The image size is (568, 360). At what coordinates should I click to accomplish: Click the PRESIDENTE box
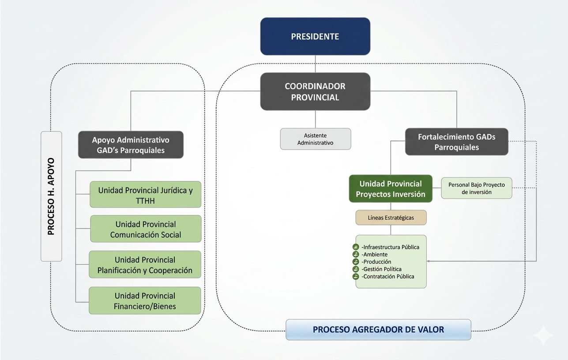pyautogui.click(x=315, y=36)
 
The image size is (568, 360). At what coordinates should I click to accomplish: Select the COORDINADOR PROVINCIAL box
pyautogui.click(x=315, y=91)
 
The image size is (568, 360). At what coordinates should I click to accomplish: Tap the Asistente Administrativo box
pyautogui.click(x=316, y=139)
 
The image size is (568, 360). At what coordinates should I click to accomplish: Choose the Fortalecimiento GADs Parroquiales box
pyautogui.click(x=457, y=142)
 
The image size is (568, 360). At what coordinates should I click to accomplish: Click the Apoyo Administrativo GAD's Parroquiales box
pyautogui.click(x=131, y=145)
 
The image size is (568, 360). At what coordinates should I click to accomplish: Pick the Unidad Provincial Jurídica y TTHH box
pyautogui.click(x=145, y=195)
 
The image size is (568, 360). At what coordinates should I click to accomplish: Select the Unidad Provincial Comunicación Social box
pyautogui.click(x=146, y=229)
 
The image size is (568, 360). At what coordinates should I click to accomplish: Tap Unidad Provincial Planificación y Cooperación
pyautogui.click(x=145, y=264)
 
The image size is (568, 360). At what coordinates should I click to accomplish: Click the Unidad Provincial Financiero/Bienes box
pyautogui.click(x=145, y=301)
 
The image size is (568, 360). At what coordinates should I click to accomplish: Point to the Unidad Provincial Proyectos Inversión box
pyautogui.click(x=391, y=189)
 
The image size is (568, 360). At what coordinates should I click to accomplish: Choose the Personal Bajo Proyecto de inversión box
pyautogui.click(x=477, y=188)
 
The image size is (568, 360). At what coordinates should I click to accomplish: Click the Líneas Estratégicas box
pyautogui.click(x=391, y=217)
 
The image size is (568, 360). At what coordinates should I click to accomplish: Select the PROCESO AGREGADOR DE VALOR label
pyautogui.click(x=378, y=330)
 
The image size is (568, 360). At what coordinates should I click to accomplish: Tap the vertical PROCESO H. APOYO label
pyautogui.click(x=51, y=196)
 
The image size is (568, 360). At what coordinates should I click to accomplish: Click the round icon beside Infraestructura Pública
pyautogui.click(x=356, y=247)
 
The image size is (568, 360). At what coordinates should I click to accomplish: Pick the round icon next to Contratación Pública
pyautogui.click(x=356, y=276)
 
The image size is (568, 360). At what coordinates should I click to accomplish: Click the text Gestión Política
pyautogui.click(x=382, y=269)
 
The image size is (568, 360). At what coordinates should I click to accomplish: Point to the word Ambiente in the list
pyautogui.click(x=376, y=255)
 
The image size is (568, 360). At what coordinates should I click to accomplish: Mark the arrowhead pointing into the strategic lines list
pyautogui.click(x=428, y=261)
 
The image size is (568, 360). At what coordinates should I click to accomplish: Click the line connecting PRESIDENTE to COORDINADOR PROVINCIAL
pyautogui.click(x=315, y=64)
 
